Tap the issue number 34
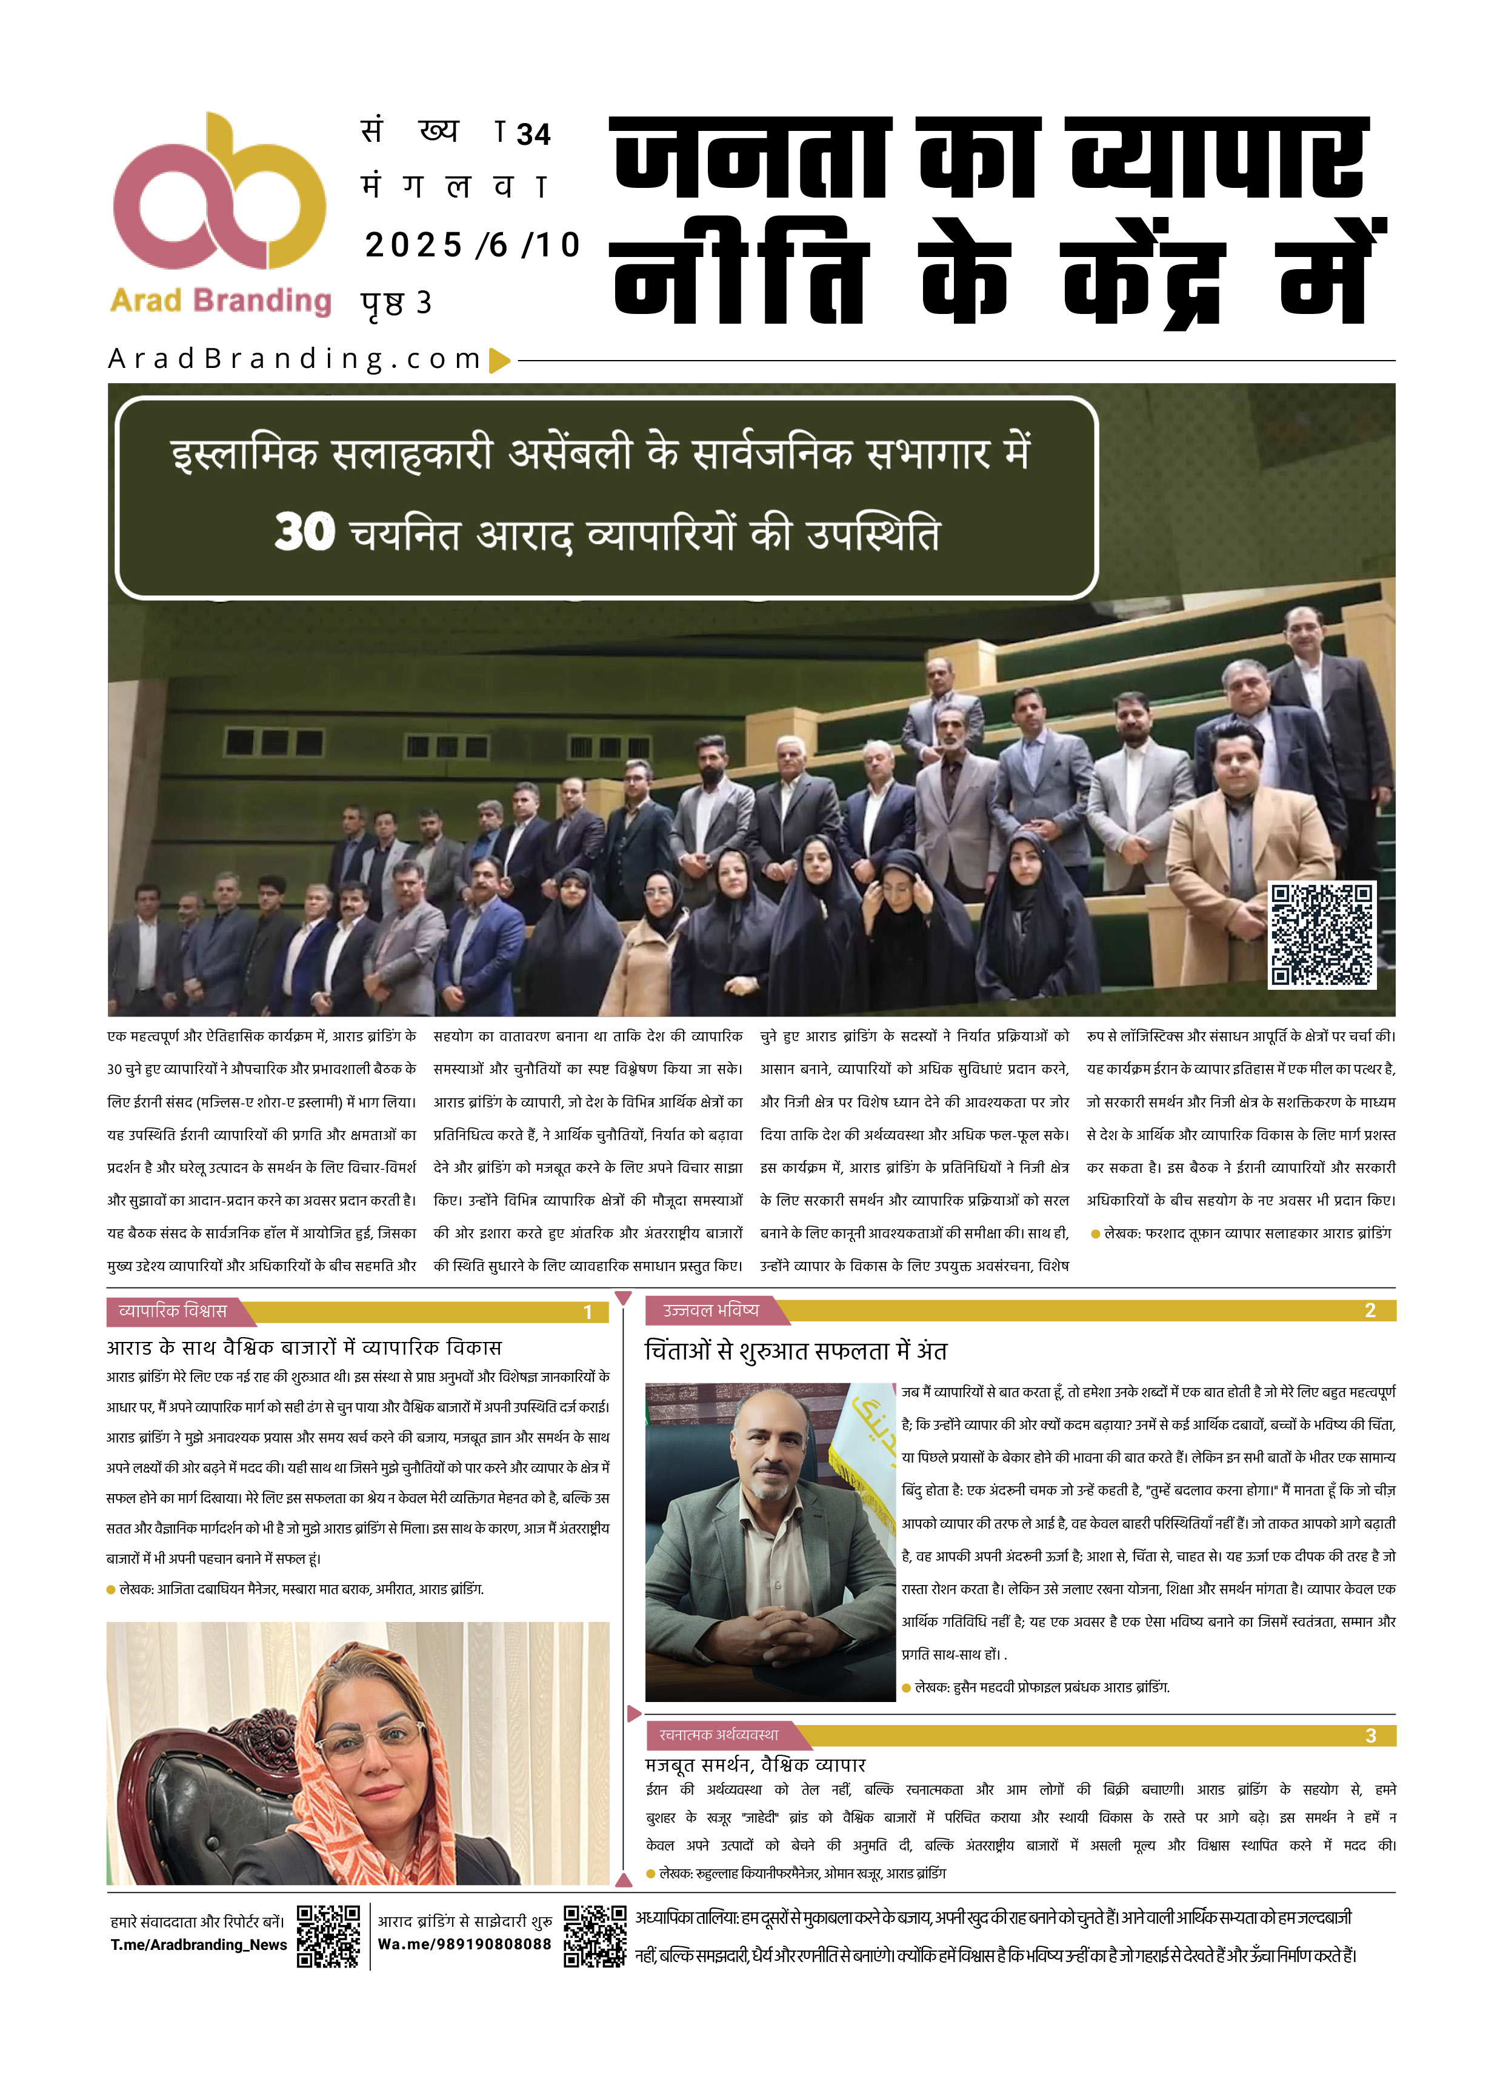click(534, 135)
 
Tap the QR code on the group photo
click(1321, 935)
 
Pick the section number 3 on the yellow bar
click(1370, 1735)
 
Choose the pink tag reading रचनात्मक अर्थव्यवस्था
click(719, 1735)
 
